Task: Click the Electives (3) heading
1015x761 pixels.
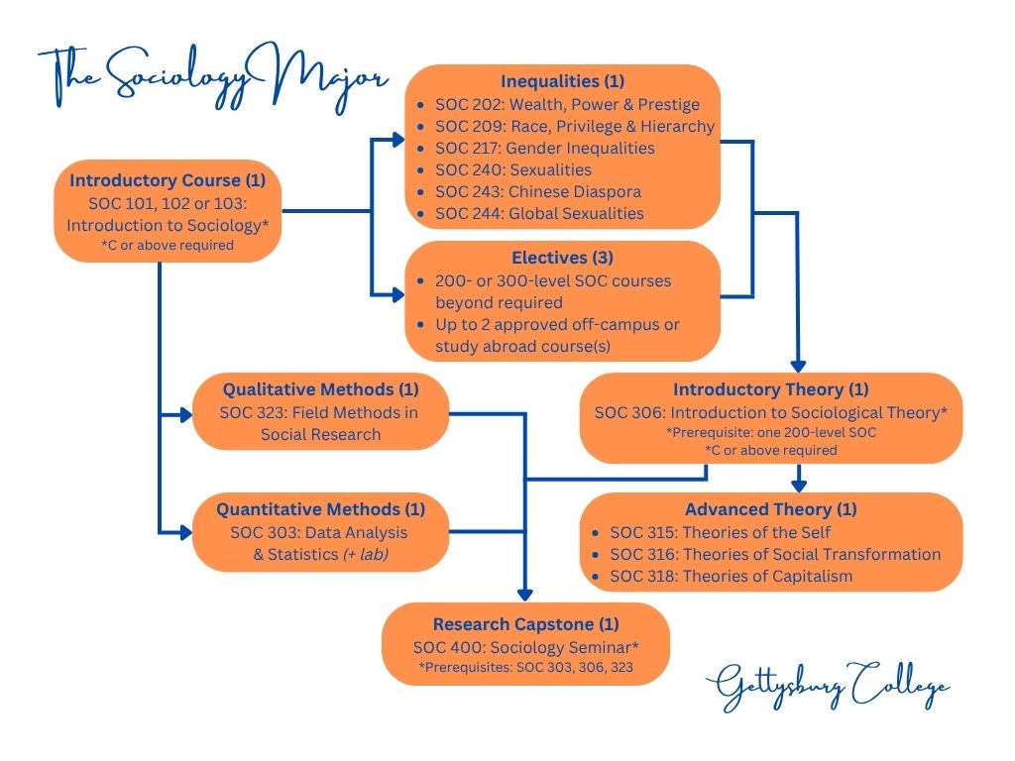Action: pos(562,258)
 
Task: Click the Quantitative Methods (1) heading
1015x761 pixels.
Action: pos(320,509)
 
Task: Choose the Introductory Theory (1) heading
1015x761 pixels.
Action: pos(770,389)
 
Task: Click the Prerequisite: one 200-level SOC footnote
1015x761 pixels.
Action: pos(770,433)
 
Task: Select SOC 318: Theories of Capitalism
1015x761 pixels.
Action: pos(731,576)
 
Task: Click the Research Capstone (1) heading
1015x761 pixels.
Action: pos(525,624)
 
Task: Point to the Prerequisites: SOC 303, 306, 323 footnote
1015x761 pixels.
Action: pos(525,667)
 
